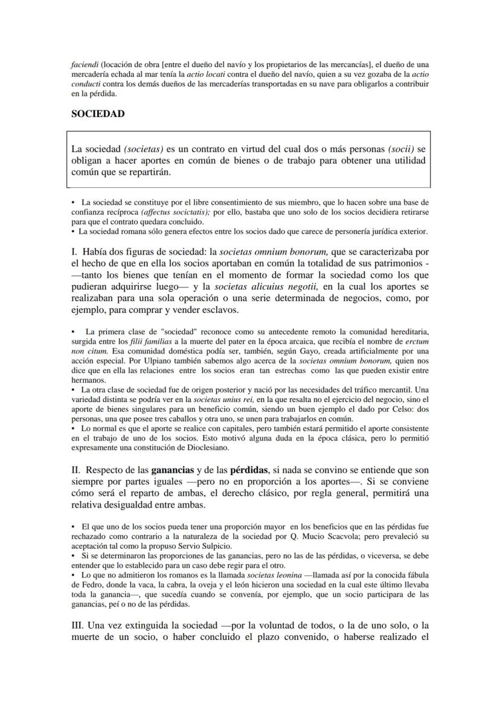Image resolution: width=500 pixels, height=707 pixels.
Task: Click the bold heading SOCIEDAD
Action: tap(98, 114)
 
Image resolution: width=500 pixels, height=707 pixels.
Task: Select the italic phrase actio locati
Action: tap(204, 74)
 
